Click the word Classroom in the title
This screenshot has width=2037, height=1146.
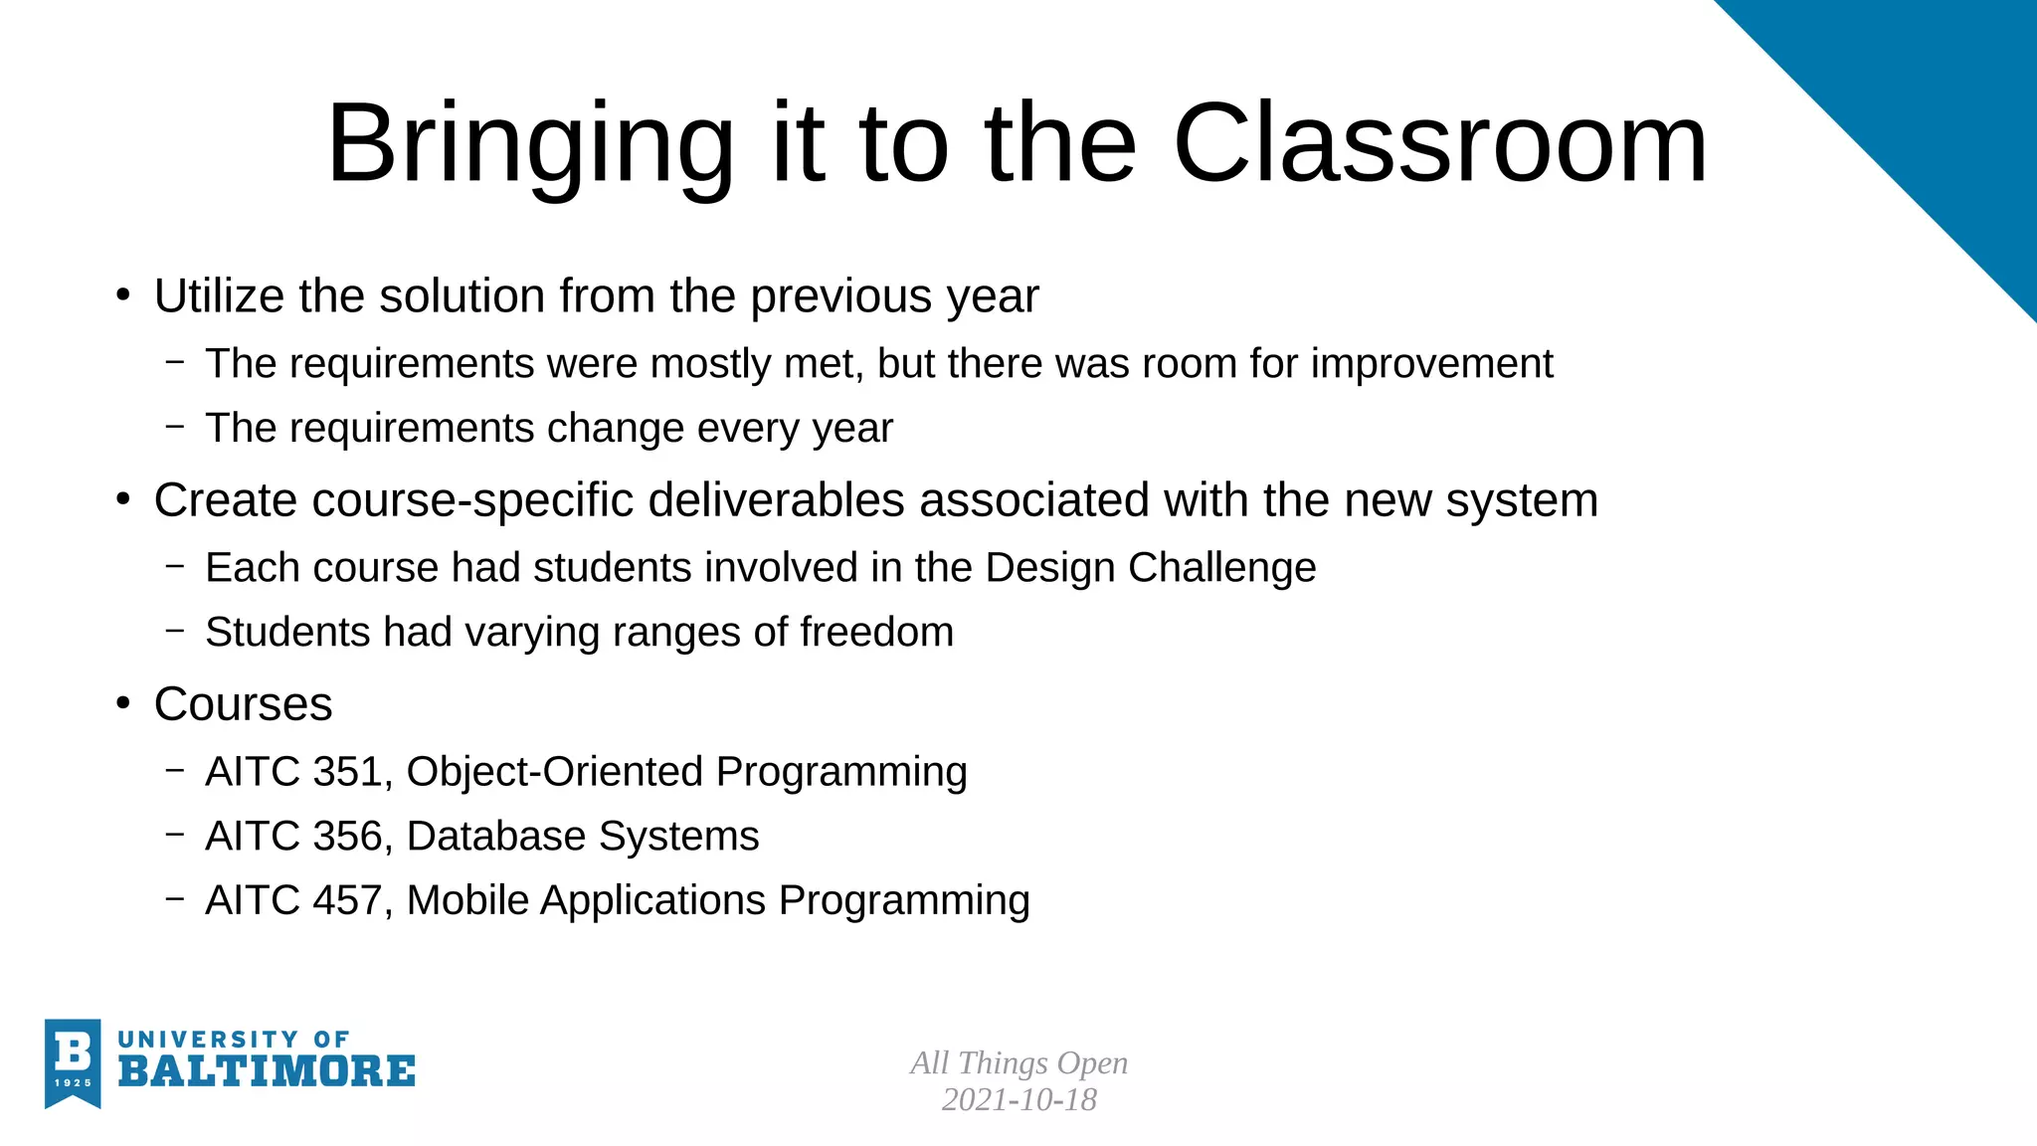pos(1439,144)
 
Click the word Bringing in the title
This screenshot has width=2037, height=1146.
pos(529,144)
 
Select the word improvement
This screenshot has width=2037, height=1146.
pos(1431,364)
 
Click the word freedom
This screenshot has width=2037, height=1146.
pos(876,633)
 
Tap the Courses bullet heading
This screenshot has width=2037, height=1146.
pos(243,704)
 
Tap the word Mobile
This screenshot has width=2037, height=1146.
pos(467,901)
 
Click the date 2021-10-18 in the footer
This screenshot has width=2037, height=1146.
pos(1018,1100)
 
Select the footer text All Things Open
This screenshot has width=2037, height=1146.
pos(1018,1063)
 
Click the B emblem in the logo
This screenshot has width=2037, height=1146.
pos(73,1060)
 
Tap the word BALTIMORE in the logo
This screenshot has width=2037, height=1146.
pos(267,1072)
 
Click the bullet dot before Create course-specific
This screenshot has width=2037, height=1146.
pos(123,499)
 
